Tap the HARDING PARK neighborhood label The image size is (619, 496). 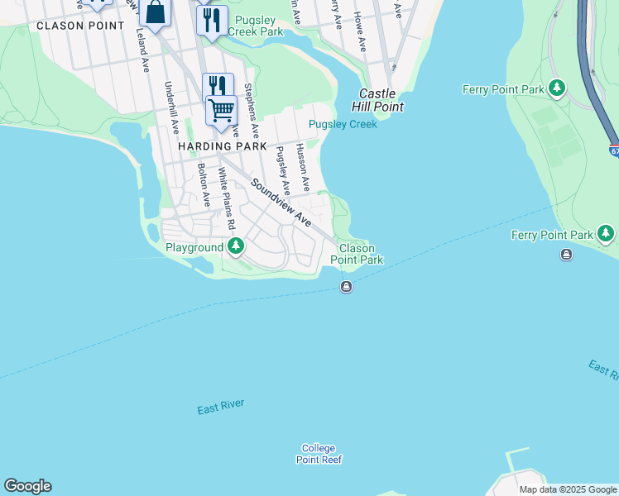pyautogui.click(x=222, y=146)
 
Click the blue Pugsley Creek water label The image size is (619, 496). pyautogui.click(x=343, y=125)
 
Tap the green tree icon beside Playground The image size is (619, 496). pyautogui.click(x=236, y=246)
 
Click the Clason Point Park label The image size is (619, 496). pyautogui.click(x=357, y=254)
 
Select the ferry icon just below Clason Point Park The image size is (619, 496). pyautogui.click(x=346, y=287)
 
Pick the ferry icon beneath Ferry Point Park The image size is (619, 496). pyautogui.click(x=566, y=255)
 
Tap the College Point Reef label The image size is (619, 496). pyautogui.click(x=320, y=454)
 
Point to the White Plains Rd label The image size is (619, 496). pyautogui.click(x=226, y=199)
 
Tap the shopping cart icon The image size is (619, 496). pyautogui.click(x=221, y=111)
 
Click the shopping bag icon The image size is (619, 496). pyautogui.click(x=155, y=13)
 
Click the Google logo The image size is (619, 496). pyautogui.click(x=27, y=486)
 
